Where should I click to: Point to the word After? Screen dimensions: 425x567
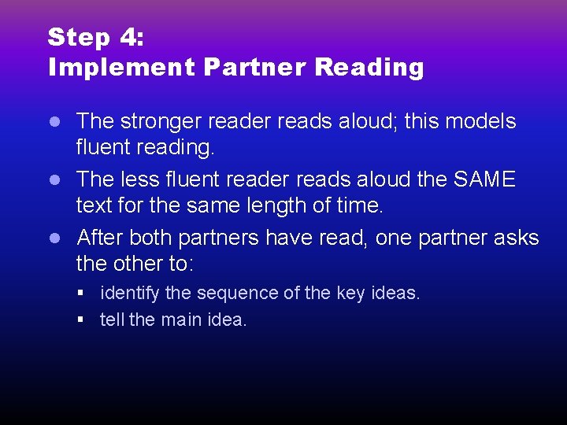(x=99, y=237)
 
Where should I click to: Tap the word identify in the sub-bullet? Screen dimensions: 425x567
(x=131, y=294)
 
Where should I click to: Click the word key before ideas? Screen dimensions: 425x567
(x=351, y=294)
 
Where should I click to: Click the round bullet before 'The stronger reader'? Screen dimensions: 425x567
(x=55, y=122)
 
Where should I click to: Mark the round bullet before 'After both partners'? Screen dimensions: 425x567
(x=55, y=238)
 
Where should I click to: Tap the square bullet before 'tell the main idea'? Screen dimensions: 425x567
(x=82, y=320)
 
